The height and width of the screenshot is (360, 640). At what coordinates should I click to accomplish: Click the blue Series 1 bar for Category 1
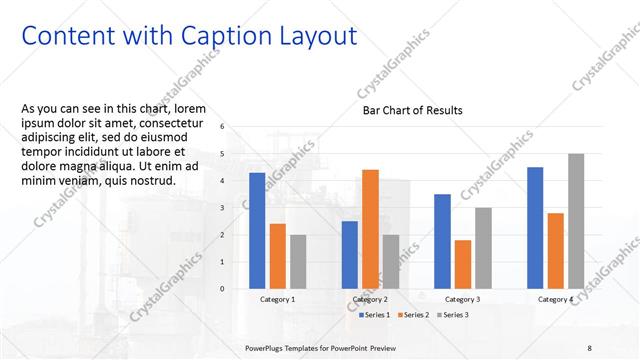[257, 230]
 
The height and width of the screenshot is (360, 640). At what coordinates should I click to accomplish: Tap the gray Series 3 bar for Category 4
[575, 220]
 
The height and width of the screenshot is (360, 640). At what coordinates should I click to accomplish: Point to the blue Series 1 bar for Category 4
[535, 227]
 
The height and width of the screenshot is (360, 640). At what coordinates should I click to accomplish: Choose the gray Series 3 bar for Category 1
[298, 261]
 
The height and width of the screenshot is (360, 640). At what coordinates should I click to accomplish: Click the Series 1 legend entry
[375, 315]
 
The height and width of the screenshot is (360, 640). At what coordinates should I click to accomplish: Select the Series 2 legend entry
[414, 315]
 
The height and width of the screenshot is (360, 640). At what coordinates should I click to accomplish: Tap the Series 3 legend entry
[453, 315]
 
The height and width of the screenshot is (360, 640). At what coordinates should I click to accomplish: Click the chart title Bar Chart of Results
[413, 110]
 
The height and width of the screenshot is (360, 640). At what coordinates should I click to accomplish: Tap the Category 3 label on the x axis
[462, 299]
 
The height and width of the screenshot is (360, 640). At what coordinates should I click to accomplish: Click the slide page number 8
[589, 347]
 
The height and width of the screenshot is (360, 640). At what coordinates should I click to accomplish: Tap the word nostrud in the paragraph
[149, 181]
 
